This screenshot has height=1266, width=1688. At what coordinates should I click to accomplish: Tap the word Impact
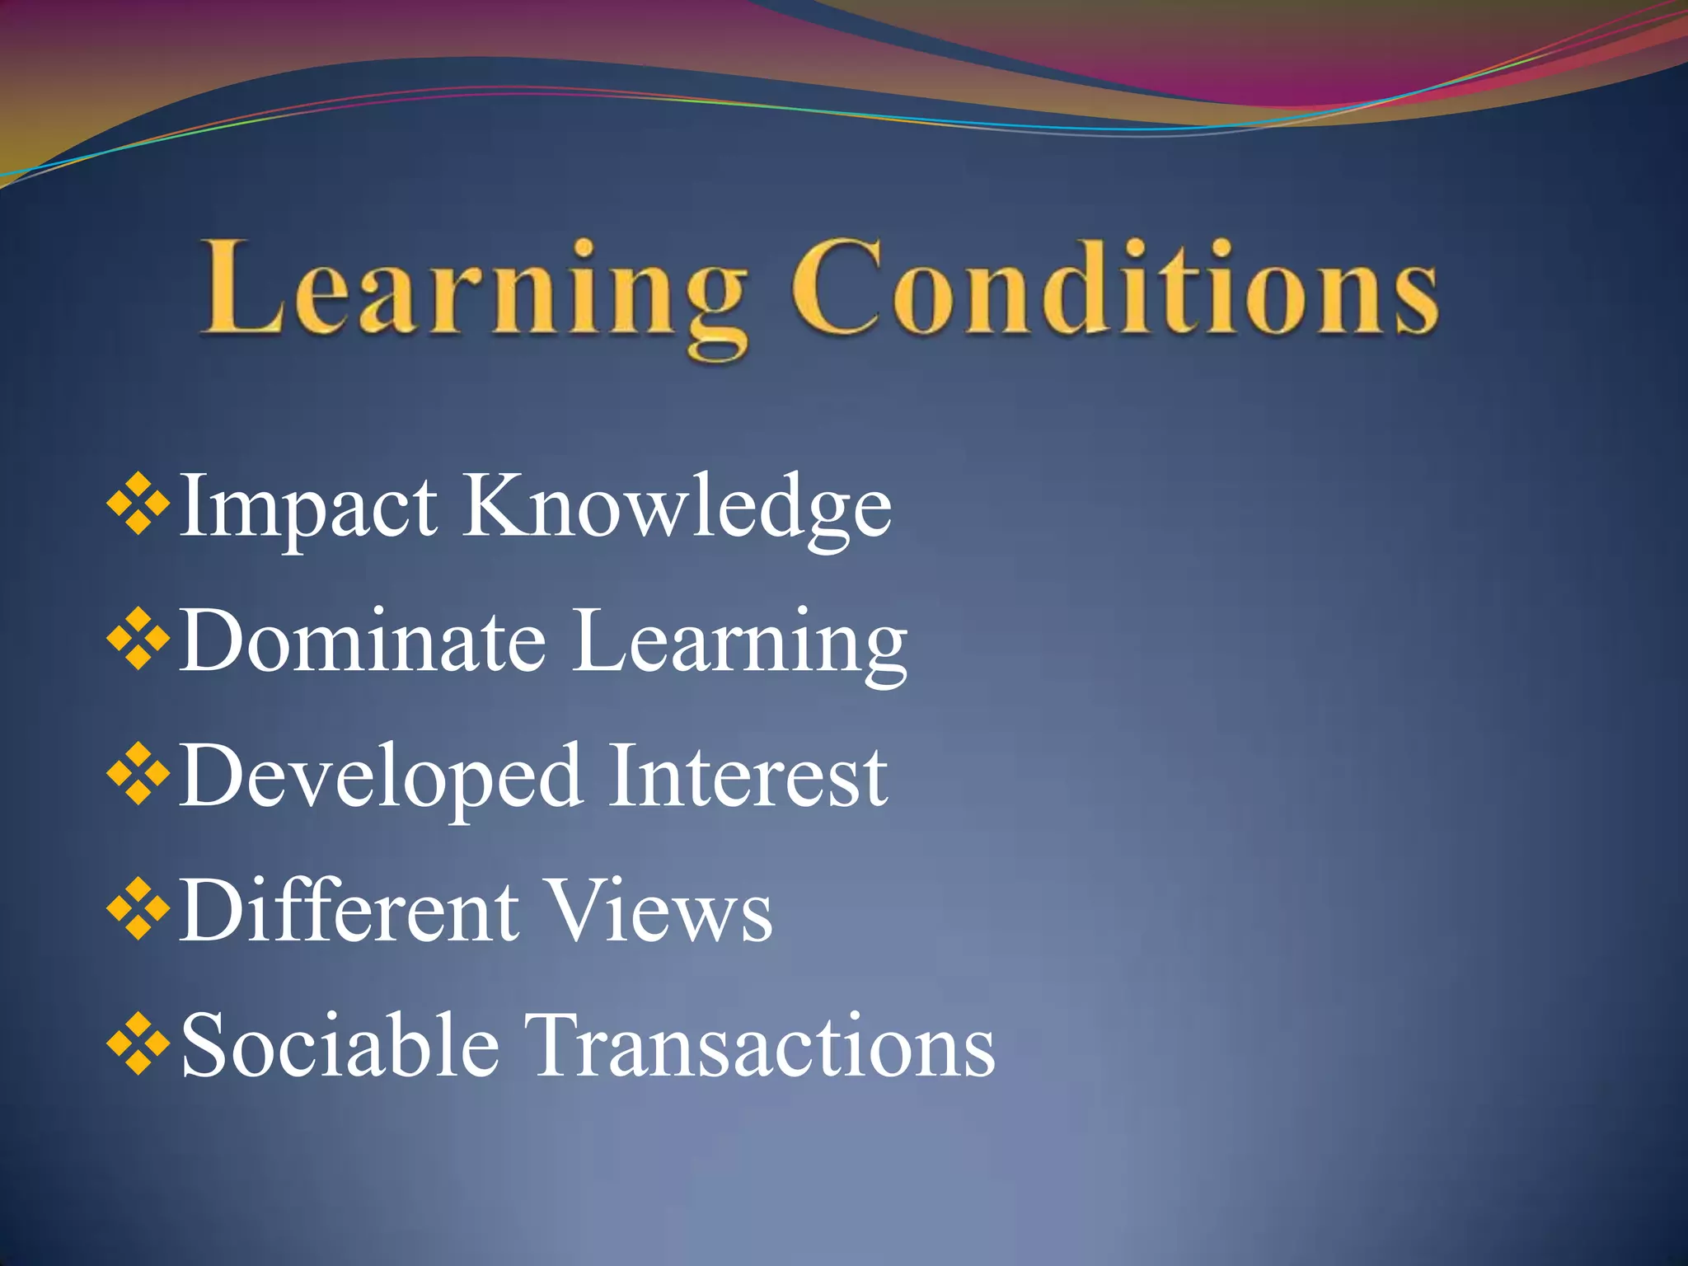(x=307, y=506)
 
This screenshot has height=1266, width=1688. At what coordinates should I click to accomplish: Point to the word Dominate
(x=363, y=641)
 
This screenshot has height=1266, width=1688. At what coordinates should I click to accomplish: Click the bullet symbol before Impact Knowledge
(x=138, y=502)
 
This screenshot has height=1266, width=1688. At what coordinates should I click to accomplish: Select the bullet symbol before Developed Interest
(x=138, y=772)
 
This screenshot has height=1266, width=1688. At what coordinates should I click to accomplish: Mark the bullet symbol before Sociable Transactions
(x=138, y=1043)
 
